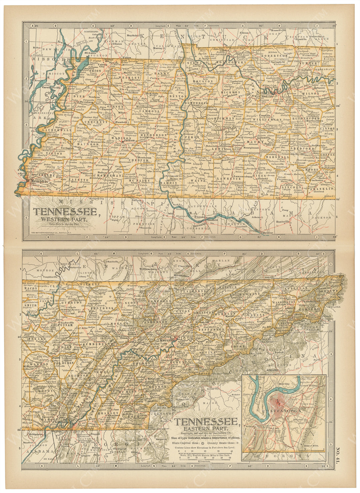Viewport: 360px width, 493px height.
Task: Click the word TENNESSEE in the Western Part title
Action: (x=65, y=211)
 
